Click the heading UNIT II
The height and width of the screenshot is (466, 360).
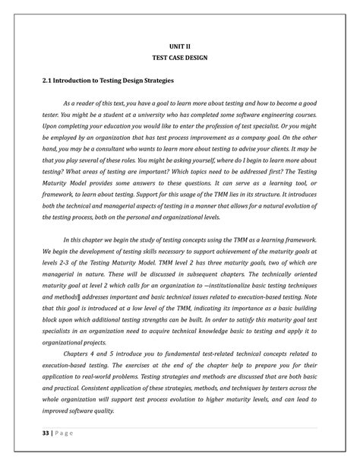pos(180,46)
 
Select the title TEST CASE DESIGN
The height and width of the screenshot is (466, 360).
pos(180,59)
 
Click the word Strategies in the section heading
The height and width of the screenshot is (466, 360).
pos(154,80)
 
